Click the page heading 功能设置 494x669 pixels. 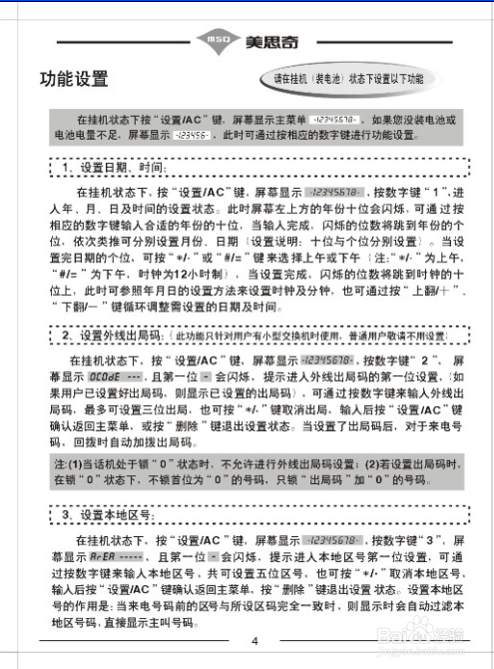[74, 79]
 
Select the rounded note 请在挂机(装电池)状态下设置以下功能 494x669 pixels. [348, 78]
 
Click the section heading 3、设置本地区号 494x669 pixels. [104, 515]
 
